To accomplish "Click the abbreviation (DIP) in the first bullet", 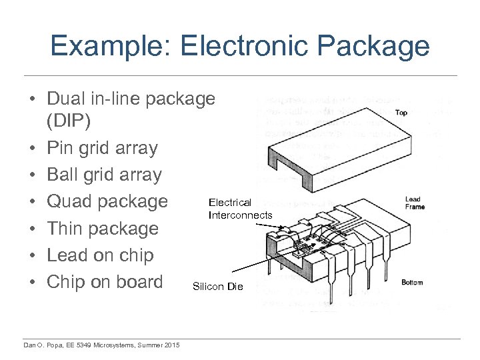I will click(71, 122).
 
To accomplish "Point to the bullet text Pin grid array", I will click(102, 148).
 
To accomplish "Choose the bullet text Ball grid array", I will click(104, 175).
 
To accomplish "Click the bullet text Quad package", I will click(107, 201).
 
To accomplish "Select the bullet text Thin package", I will click(102, 229).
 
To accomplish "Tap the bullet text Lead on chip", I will click(100, 255).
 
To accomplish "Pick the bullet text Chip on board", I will click(104, 282).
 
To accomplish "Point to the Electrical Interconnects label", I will click(240, 209).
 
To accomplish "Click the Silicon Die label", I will click(218, 287).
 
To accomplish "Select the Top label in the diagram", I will click(401, 113).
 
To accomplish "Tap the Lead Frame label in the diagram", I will click(414, 203).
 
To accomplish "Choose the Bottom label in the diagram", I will click(411, 283).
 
